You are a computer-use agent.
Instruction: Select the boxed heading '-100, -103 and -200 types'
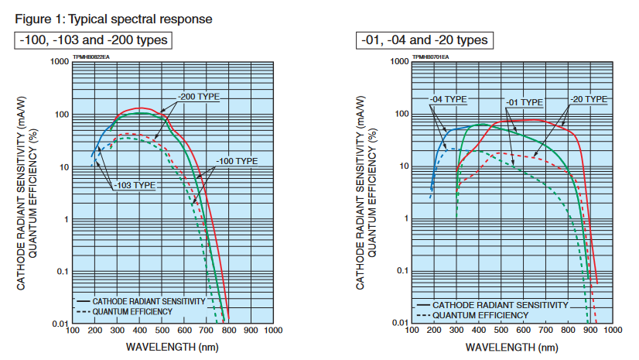pyautogui.click(x=92, y=39)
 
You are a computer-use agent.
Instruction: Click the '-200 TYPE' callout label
pyautogui.click(x=199, y=97)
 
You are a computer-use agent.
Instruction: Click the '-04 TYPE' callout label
pyautogui.click(x=449, y=99)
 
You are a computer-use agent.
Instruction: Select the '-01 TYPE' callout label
pyautogui.click(x=525, y=102)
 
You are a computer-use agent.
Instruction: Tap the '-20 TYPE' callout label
pyautogui.click(x=589, y=99)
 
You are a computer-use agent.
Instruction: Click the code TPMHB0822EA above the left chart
pyautogui.click(x=91, y=57)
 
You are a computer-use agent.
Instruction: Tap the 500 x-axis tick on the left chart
pyautogui.click(x=161, y=331)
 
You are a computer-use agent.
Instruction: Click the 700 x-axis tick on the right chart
pyautogui.click(x=545, y=331)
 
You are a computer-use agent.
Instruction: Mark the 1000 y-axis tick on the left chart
pyautogui.click(x=59, y=61)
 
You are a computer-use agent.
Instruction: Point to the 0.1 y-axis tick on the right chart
pyautogui.click(x=400, y=271)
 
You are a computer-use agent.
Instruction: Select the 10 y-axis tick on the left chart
pyautogui.click(x=63, y=167)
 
